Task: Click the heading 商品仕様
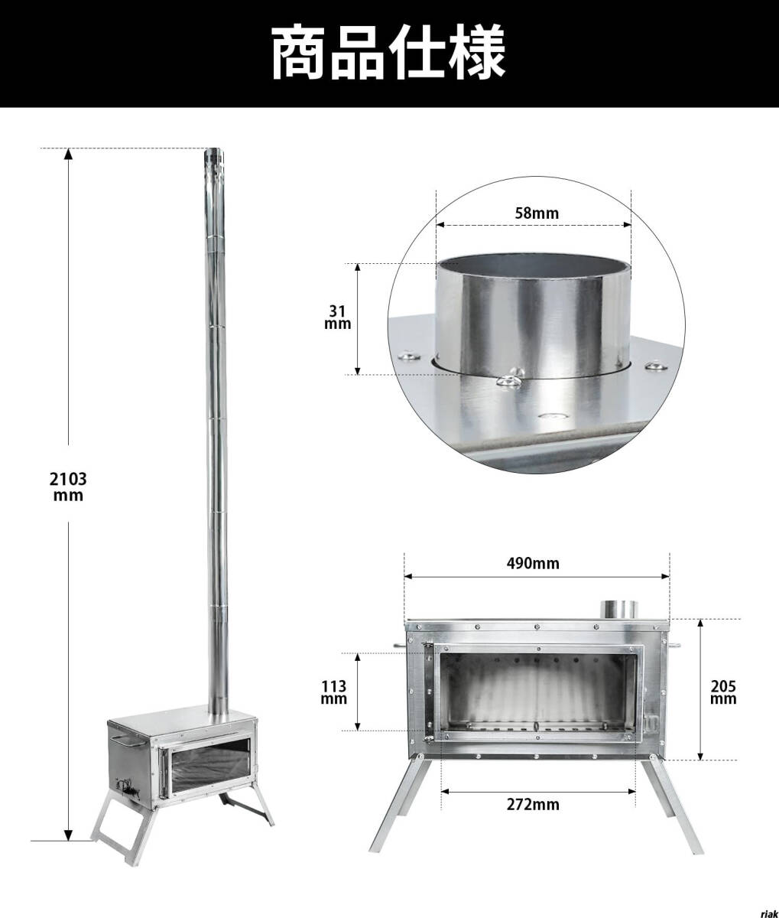coord(388,53)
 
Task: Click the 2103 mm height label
coord(68,487)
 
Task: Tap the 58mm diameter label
coord(537,213)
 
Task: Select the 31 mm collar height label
coord(337,317)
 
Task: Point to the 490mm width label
coord(533,564)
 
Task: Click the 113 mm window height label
coord(334,692)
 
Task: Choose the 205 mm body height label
coord(723,692)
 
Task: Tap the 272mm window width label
coord(533,804)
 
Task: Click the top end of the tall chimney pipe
coord(214,151)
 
